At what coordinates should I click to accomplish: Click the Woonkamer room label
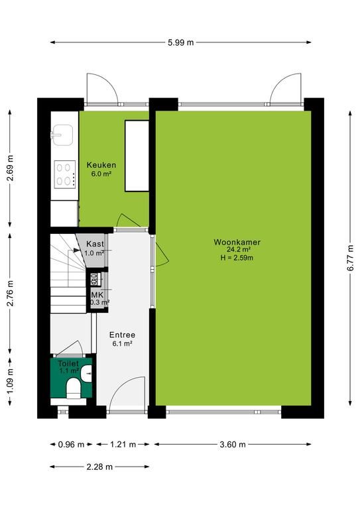[237, 242]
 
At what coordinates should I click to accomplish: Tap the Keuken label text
[101, 165]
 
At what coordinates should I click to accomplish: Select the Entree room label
[122, 335]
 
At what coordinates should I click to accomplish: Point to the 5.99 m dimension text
[181, 42]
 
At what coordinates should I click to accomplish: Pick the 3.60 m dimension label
[233, 445]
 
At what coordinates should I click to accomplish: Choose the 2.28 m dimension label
[99, 467]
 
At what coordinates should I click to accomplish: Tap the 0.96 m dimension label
[71, 445]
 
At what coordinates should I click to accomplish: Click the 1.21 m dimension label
[123, 445]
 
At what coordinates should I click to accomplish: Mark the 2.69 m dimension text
[11, 168]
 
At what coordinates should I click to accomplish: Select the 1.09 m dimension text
[11, 382]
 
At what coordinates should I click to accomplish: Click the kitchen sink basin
[62, 135]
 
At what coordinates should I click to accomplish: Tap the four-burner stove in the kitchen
[65, 175]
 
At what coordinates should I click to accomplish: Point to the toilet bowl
[73, 387]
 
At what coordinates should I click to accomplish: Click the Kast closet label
[95, 244]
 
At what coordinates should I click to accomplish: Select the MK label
[97, 295]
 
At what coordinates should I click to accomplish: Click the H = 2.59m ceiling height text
[236, 258]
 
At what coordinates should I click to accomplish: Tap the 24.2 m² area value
[238, 250]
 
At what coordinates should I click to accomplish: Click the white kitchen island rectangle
[137, 156]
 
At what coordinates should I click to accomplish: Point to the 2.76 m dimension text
[11, 293]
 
